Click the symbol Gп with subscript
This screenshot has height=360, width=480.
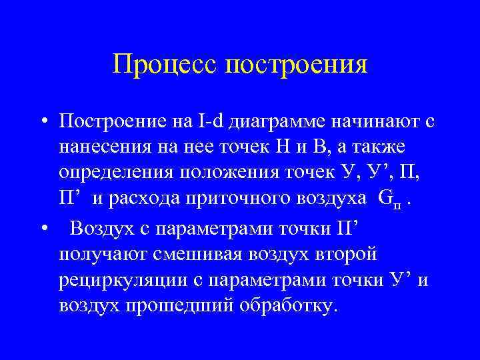pyautogui.click(x=388, y=200)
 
